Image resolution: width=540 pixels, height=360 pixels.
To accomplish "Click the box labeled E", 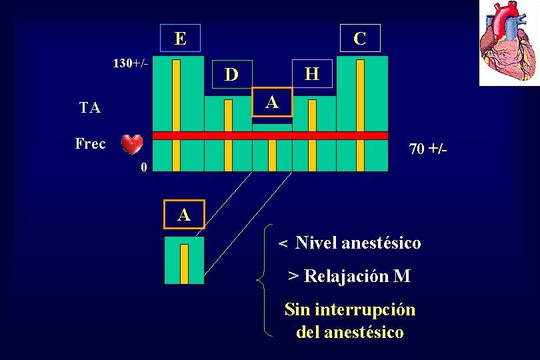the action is (x=180, y=38).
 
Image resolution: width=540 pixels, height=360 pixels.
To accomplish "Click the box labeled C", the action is (x=360, y=39).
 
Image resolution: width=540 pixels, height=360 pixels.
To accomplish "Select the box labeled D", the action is (x=231, y=74).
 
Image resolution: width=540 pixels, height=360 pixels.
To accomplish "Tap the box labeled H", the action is (x=311, y=74).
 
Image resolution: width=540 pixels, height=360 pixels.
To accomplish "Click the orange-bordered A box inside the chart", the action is (x=272, y=102).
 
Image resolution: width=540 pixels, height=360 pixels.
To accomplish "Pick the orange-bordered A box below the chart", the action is (x=184, y=214).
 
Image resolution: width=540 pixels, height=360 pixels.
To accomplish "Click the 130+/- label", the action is (x=131, y=64).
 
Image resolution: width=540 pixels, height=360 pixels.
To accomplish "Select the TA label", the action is (x=90, y=108).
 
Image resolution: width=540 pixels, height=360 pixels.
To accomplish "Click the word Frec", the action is (x=90, y=143).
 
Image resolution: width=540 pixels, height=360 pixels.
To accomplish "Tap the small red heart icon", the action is (x=132, y=144).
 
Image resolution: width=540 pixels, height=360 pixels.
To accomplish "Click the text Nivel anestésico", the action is (x=358, y=243).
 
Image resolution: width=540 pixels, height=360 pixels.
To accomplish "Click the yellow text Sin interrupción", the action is (x=350, y=309).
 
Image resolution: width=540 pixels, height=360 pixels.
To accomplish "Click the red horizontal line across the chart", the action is (x=270, y=135).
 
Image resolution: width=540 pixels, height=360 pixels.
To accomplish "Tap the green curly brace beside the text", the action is (x=265, y=280).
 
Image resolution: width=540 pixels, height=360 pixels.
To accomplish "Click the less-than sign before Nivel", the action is (x=283, y=245).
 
